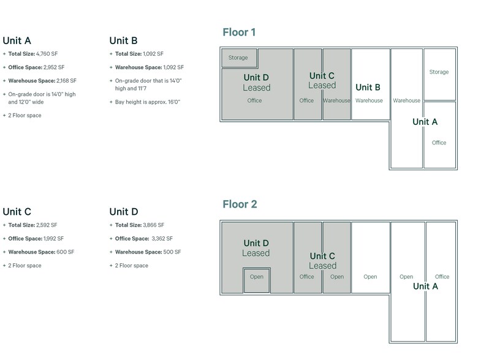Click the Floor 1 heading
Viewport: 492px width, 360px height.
click(239, 32)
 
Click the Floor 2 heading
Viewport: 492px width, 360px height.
click(240, 204)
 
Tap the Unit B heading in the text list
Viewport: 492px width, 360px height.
click(123, 41)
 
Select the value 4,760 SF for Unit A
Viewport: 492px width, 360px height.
click(47, 54)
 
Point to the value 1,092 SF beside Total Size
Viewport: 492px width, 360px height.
click(153, 54)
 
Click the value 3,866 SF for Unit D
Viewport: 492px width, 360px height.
click(153, 225)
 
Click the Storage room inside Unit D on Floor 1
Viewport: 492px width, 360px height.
click(240, 58)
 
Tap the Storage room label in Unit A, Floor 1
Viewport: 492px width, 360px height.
click(439, 72)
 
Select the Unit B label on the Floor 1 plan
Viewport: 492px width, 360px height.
click(368, 87)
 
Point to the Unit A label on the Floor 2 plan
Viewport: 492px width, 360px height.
click(425, 286)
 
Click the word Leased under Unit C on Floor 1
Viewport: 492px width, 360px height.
click(322, 85)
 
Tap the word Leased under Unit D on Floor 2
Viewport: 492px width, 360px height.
click(255, 253)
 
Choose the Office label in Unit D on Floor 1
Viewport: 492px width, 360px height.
click(254, 100)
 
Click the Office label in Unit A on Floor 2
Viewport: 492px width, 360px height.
click(442, 277)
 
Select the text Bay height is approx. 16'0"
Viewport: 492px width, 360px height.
click(148, 102)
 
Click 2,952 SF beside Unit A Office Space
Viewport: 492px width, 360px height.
click(54, 67)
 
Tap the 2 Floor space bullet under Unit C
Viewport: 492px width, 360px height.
click(25, 266)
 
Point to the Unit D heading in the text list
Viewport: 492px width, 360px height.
click(124, 212)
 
